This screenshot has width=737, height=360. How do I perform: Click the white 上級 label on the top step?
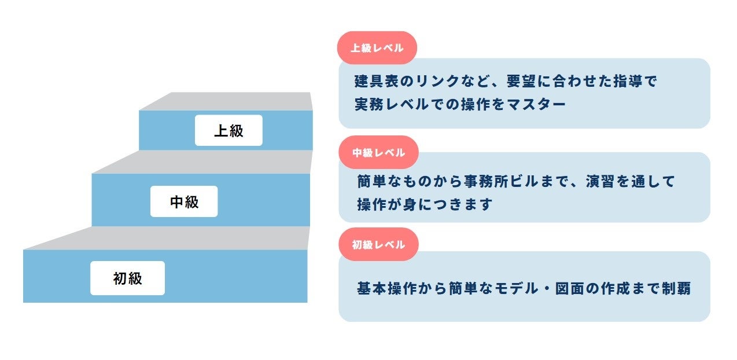229,130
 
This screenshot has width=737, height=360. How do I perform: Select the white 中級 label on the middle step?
184,201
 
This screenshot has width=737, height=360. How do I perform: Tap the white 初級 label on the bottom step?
127,278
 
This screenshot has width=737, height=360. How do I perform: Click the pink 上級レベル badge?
377,48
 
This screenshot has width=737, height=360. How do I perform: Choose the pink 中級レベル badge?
378,153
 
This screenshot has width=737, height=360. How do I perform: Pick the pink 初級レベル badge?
378,244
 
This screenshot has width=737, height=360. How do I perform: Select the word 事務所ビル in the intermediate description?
501,182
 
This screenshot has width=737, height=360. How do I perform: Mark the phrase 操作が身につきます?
425,204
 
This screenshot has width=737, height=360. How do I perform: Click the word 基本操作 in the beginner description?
387,288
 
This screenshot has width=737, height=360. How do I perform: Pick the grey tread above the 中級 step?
202,162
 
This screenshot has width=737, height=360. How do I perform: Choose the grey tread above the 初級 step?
168,238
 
